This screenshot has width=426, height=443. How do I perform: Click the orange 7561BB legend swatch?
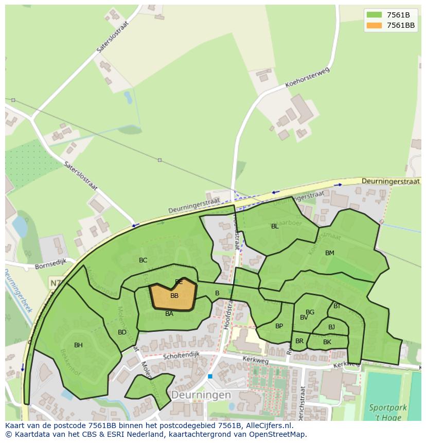(x=374, y=25)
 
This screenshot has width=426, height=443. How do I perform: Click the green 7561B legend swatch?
(x=374, y=15)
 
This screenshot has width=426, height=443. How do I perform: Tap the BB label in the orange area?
(x=174, y=296)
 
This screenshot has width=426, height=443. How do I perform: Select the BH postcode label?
(x=78, y=345)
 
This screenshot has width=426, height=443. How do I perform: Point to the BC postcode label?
(x=143, y=260)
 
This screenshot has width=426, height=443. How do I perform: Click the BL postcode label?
(x=275, y=226)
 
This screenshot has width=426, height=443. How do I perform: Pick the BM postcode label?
(x=330, y=253)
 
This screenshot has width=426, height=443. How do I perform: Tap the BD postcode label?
(x=122, y=332)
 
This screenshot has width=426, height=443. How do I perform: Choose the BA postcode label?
(x=169, y=314)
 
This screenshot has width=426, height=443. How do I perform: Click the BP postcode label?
(x=279, y=326)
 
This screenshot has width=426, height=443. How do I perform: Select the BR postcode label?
(x=299, y=341)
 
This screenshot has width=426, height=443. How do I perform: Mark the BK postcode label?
(x=327, y=342)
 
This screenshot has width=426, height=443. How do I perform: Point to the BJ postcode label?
(x=331, y=327)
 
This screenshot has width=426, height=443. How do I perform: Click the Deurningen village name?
(x=201, y=395)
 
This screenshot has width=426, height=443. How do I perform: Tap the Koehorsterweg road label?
(x=307, y=78)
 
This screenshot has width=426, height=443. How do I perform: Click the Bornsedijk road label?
(x=51, y=267)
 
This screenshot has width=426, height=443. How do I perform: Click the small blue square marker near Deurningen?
(x=210, y=376)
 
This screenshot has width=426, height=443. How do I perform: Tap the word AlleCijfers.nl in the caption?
(x=268, y=426)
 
